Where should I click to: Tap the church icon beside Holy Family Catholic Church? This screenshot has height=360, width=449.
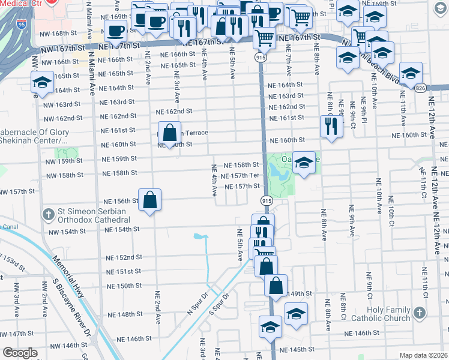pos(419,313)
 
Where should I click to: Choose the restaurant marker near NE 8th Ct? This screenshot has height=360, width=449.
pos(331,127)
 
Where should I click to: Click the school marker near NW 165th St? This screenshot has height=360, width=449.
pos(43,83)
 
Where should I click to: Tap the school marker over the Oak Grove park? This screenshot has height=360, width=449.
pos(304,163)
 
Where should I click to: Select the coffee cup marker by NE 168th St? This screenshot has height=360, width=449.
pos(115,31)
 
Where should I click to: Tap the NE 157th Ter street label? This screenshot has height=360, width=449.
pos(240,176)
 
